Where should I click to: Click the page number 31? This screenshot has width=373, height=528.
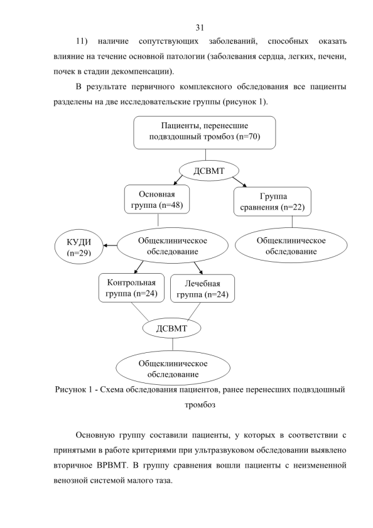coord(200,27)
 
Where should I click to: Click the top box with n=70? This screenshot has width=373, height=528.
coord(205,132)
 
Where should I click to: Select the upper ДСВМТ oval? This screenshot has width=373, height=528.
coord(209,171)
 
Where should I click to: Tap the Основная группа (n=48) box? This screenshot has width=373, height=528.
coord(157,200)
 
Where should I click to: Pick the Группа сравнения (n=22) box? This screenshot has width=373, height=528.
coord(273,202)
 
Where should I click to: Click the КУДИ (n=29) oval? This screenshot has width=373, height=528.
coord(79,247)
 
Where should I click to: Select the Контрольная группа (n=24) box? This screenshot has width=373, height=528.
coord(131,288)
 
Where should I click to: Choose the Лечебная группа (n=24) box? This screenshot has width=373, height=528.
coord(202,288)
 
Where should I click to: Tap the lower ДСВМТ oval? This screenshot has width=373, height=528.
coord(171,328)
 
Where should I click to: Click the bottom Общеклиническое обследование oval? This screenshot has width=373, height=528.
coord(173,369)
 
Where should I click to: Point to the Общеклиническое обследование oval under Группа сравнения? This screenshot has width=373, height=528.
coord(291,246)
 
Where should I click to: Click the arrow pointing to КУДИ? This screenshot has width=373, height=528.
coord(110,245)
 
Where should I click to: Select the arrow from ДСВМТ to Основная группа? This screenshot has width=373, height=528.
coord(180,180)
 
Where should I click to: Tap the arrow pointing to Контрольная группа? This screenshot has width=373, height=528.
coord(139,267)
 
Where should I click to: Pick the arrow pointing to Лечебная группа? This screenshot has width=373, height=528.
coord(199,268)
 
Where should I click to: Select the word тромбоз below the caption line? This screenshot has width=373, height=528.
coord(200,405)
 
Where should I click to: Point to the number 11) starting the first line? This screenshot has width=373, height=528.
coord(82,41)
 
